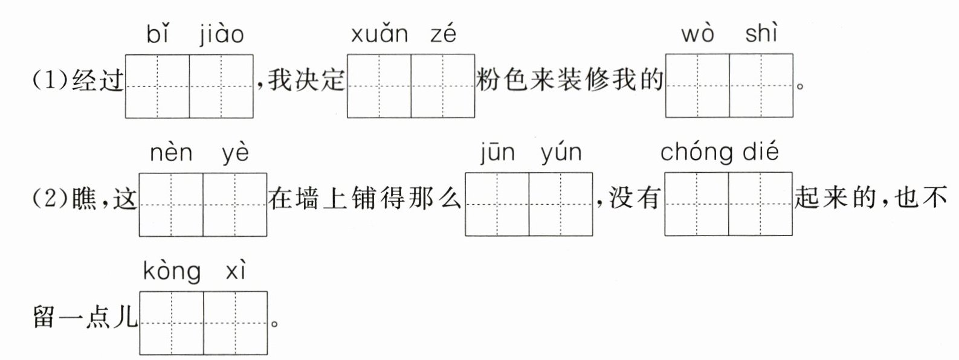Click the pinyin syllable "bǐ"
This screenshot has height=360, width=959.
tap(157, 34)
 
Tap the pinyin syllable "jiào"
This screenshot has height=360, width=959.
tap(222, 34)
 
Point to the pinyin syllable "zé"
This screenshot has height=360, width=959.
tap(443, 34)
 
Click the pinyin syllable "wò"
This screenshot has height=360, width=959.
tap(697, 34)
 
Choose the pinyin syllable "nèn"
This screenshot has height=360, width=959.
tap(171, 153)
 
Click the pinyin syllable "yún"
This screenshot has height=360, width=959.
tap(561, 153)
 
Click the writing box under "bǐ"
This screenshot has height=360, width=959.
tap(158, 86)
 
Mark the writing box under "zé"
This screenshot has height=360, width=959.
tap(443, 86)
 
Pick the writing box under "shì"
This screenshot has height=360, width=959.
tap(761, 86)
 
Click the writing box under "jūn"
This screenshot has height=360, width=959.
tap(497, 204)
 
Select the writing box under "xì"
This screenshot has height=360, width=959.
tap(236, 323)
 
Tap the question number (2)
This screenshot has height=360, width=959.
tap(51, 199)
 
